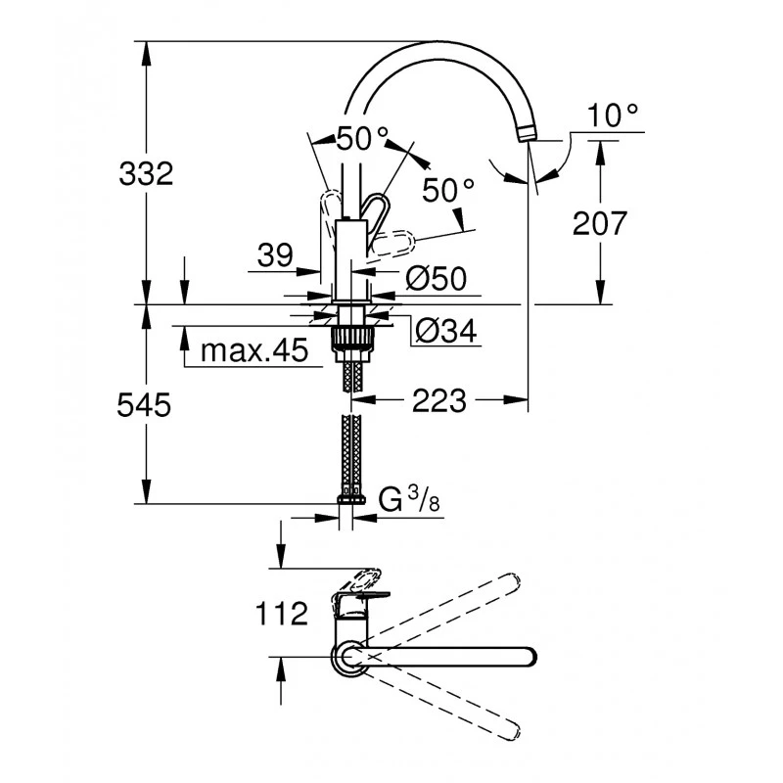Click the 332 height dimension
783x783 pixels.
(145, 174)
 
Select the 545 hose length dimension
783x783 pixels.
(145, 403)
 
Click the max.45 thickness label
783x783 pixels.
(253, 350)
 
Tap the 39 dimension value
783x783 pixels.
(275, 256)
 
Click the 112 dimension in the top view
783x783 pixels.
(282, 615)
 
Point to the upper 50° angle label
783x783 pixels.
(362, 139)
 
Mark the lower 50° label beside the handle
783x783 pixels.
(449, 190)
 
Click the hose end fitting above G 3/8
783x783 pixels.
(350, 498)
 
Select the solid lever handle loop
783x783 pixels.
(377, 208)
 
